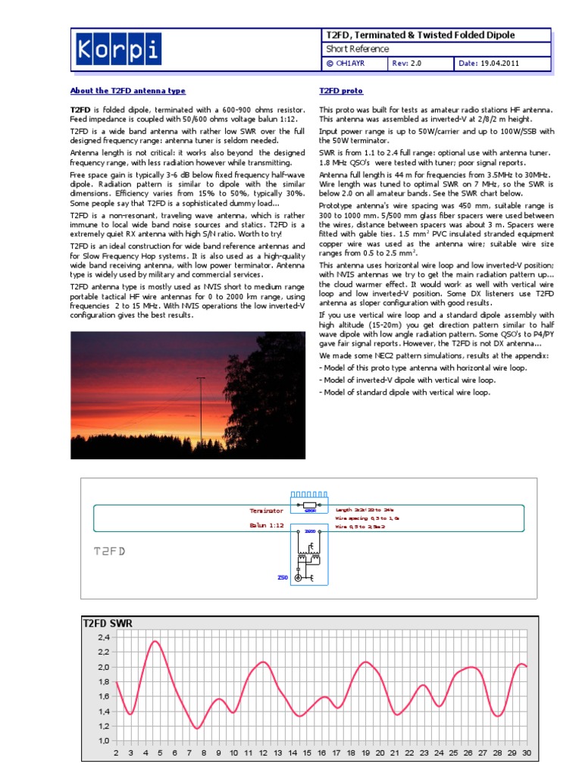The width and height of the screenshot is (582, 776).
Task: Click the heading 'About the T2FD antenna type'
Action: [x=127, y=91]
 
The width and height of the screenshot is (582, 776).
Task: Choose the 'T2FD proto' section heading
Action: [x=341, y=91]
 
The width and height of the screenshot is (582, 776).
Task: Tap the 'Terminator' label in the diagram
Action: [x=266, y=511]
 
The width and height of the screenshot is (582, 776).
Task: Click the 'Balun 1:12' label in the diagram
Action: [x=266, y=524]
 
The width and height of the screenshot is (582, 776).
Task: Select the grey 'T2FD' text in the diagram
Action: [x=109, y=551]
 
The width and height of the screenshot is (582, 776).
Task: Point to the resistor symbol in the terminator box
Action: [x=309, y=505]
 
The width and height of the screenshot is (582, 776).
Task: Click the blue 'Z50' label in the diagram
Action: [x=282, y=577]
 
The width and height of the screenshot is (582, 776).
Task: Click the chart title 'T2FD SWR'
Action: [x=107, y=624]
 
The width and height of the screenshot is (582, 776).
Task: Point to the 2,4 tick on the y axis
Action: [x=104, y=638]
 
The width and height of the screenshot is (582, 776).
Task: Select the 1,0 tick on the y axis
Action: [x=104, y=740]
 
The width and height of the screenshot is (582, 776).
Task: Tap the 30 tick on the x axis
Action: [x=525, y=753]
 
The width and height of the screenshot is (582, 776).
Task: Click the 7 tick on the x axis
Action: [x=189, y=753]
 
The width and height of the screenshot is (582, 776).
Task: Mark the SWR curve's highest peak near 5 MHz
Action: [x=155, y=642]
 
